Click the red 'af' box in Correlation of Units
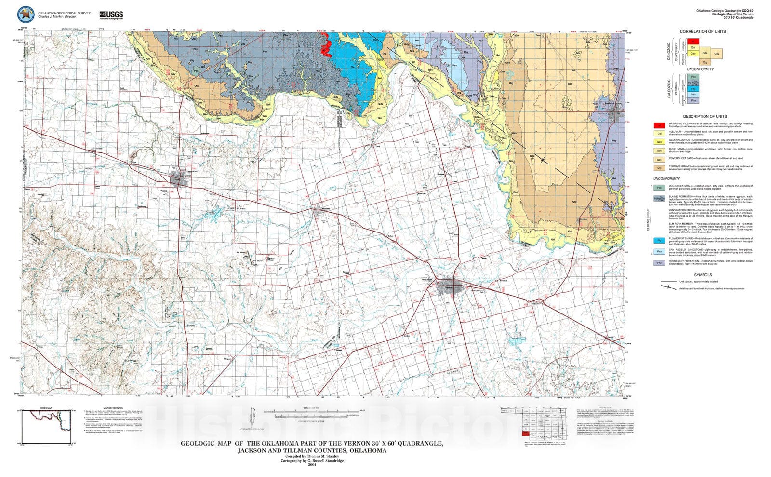tap(693, 41)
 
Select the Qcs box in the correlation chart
tap(717, 53)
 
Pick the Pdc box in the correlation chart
tap(693, 77)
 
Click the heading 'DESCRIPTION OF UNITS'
tap(704, 116)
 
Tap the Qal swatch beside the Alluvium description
tap(659, 134)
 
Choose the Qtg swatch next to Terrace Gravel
tap(659, 168)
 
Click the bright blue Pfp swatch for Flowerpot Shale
tap(659, 240)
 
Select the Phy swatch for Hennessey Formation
tap(659, 263)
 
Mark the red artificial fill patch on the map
tap(326, 48)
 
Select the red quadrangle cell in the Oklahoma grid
tap(525, 434)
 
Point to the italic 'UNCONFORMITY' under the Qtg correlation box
tap(700, 69)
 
